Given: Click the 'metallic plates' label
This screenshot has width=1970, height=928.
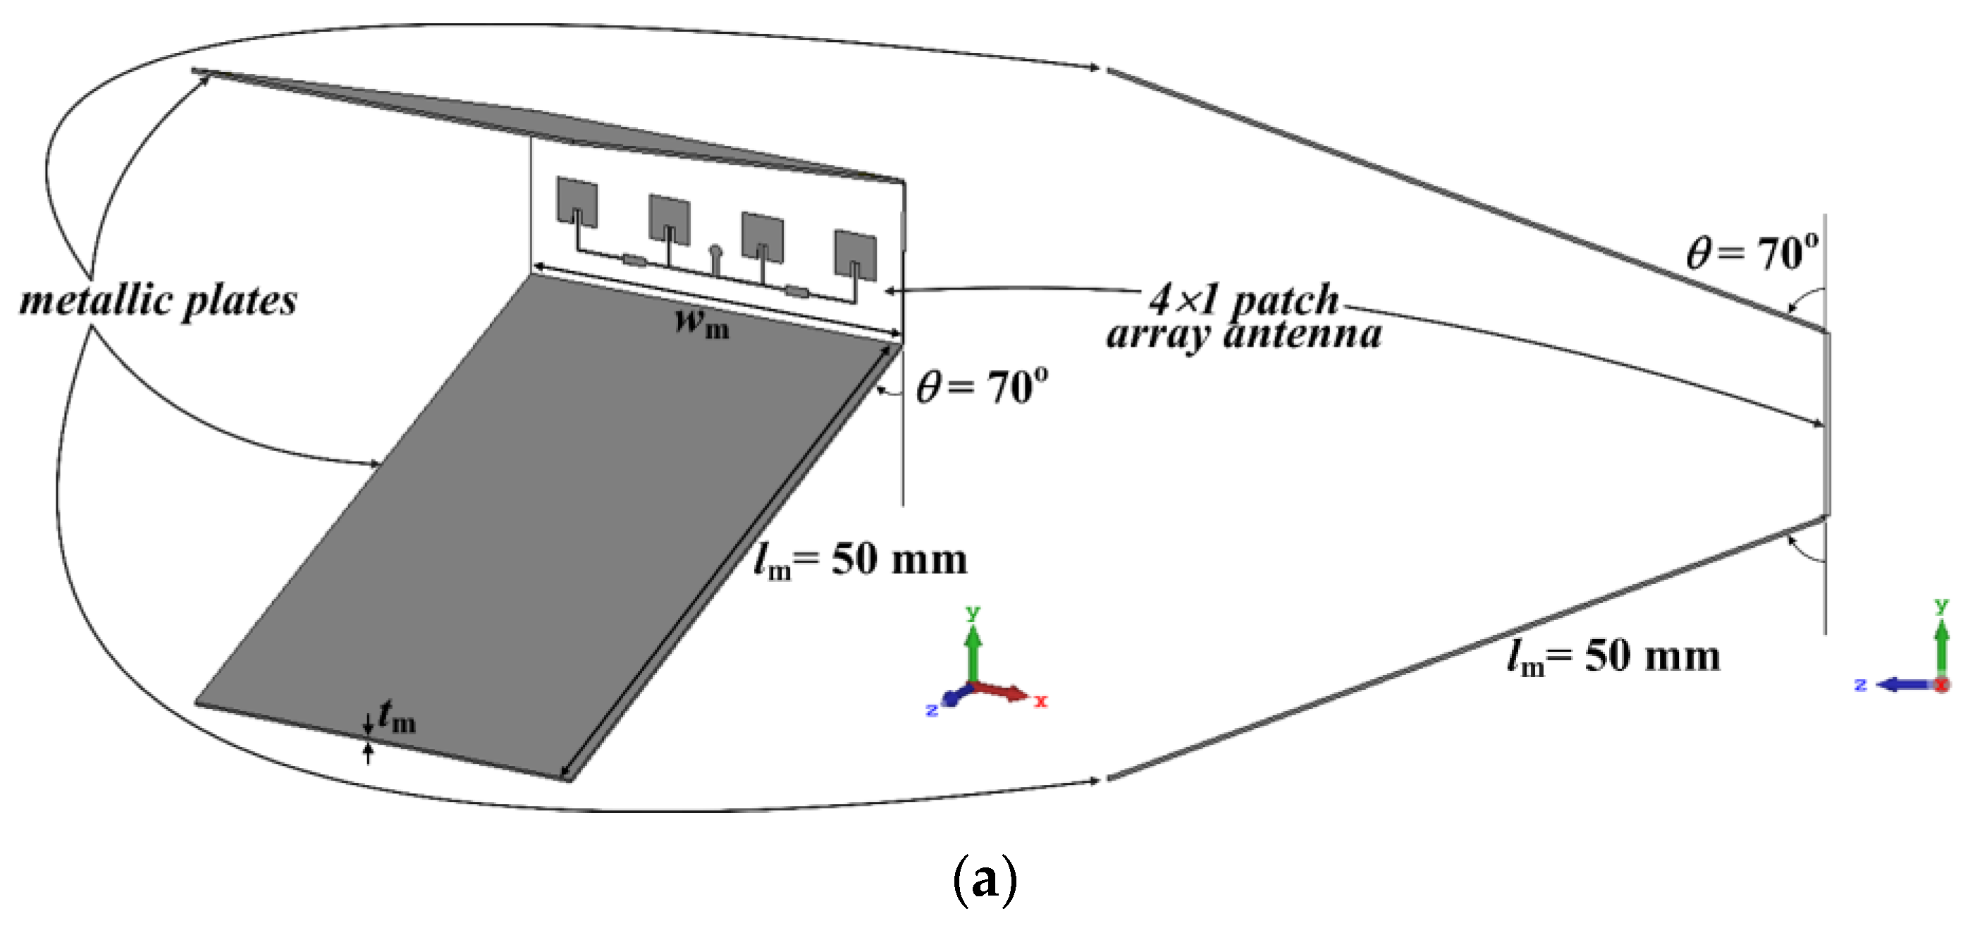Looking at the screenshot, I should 159,300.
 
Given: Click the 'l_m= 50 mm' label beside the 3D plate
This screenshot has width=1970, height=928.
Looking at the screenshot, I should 861,559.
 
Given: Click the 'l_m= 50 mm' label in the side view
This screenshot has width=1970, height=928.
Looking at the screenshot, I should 1613,657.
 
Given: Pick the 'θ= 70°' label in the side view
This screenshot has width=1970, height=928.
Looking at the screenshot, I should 1752,252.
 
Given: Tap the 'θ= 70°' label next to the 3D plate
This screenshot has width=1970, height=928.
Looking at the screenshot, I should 982,387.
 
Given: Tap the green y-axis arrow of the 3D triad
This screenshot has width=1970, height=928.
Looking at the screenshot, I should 973,650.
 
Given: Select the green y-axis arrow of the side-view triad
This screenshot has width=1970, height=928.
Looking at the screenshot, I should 1942,646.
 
